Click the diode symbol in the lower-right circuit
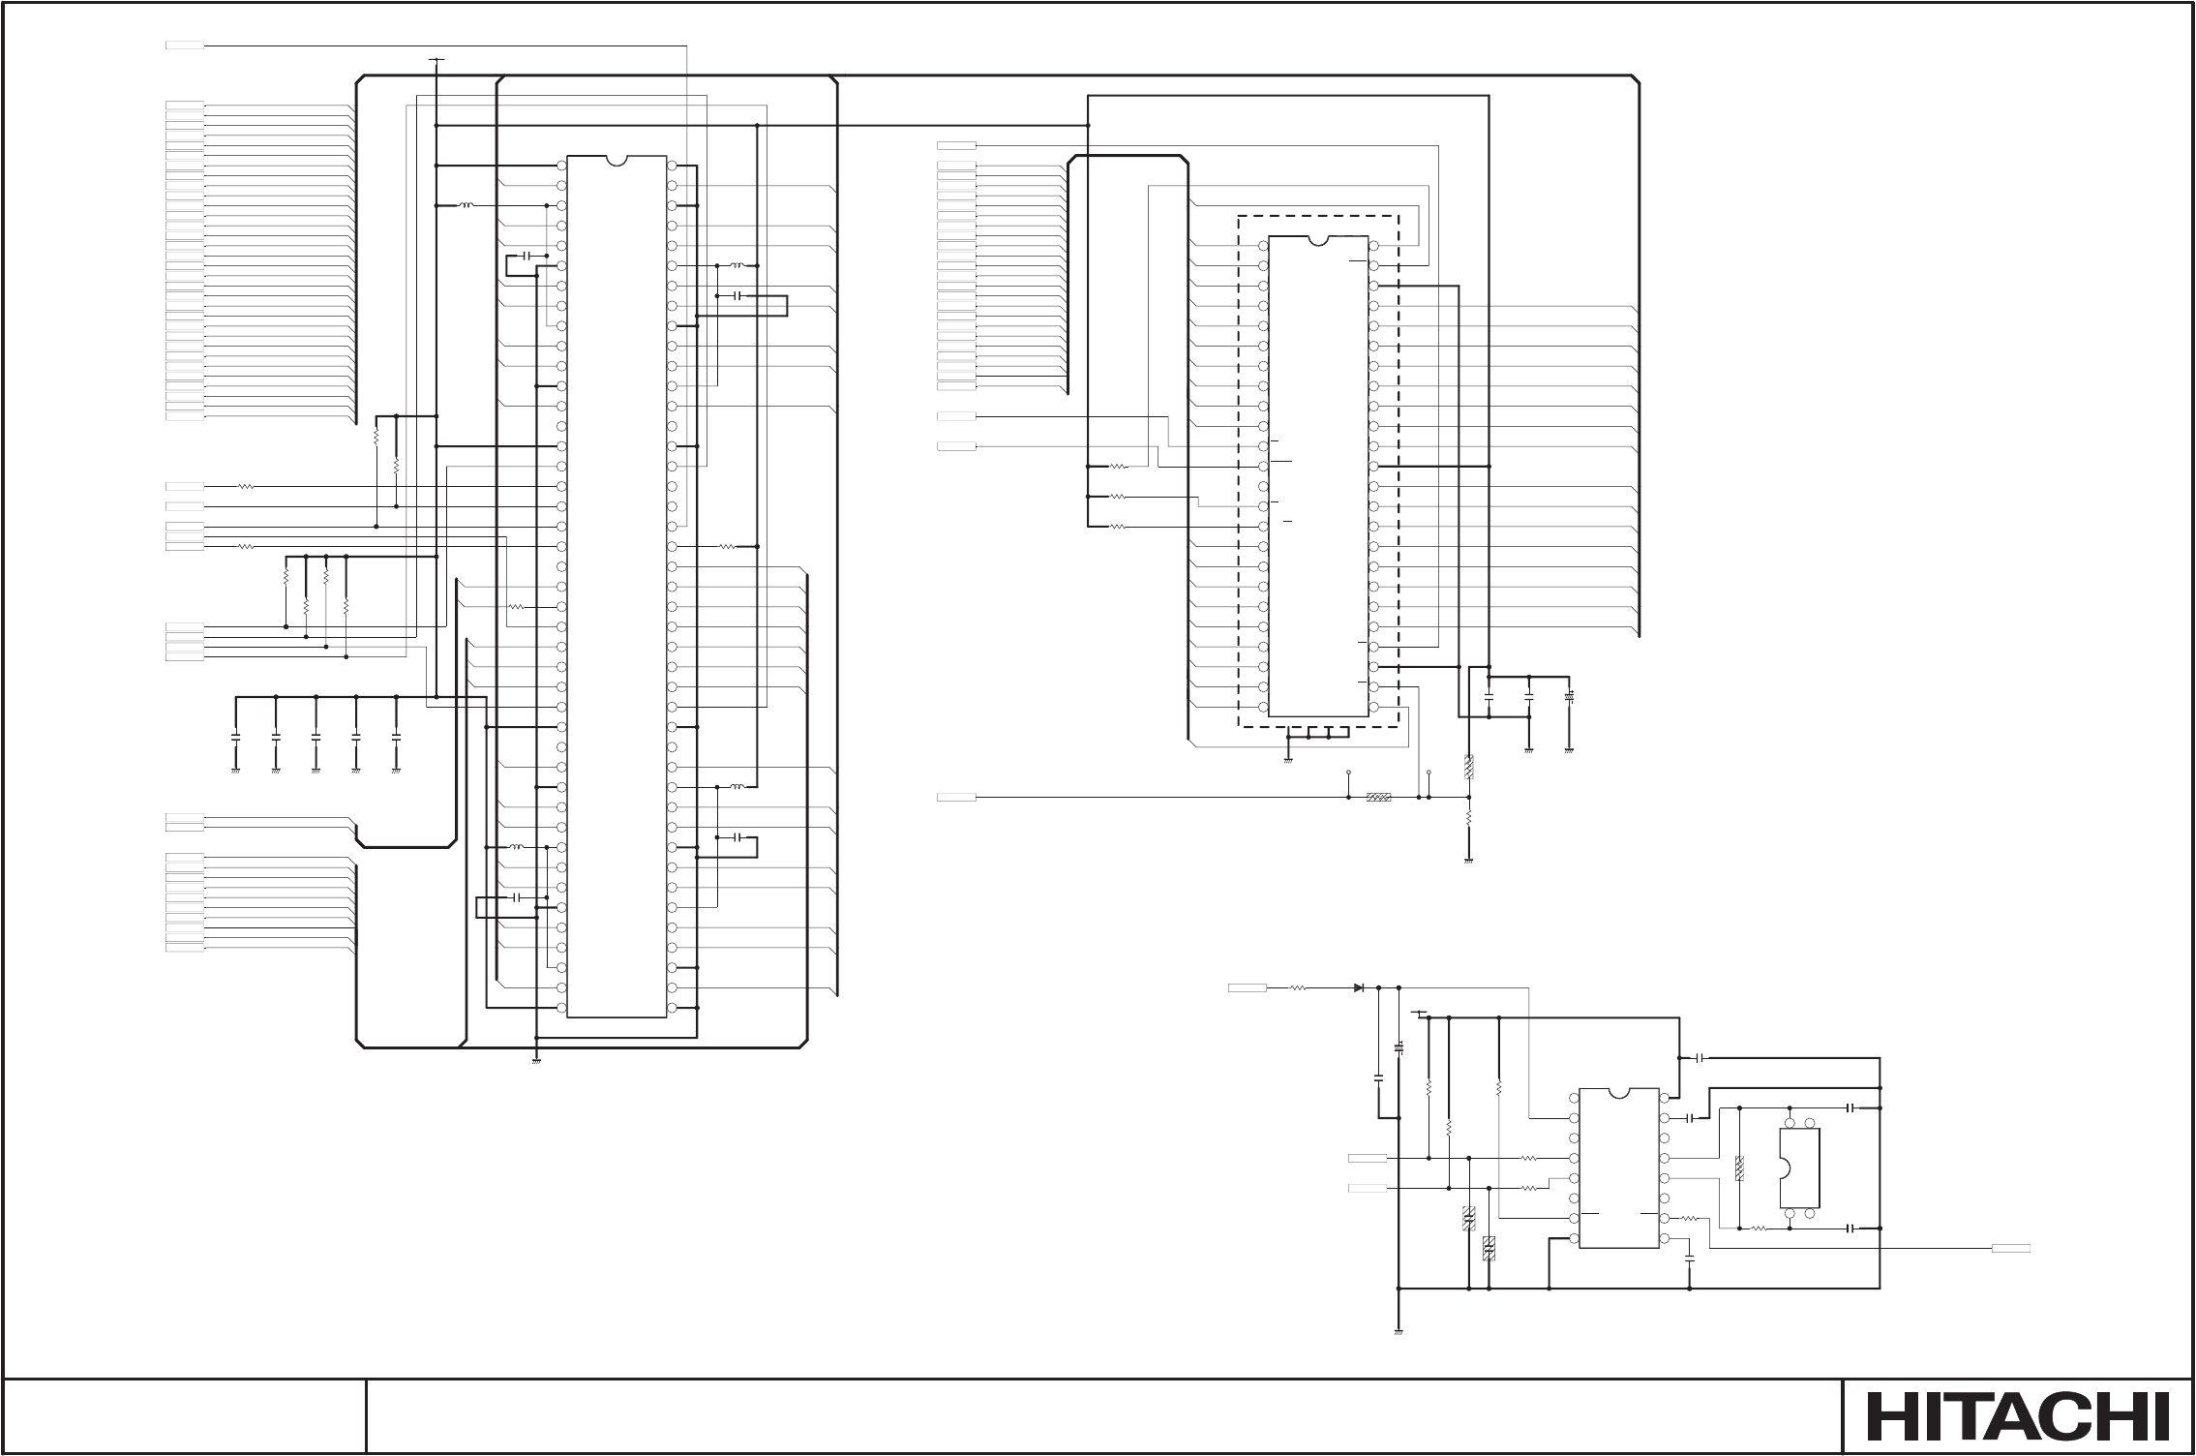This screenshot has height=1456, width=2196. point(1360,987)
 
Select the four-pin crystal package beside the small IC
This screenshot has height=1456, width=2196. point(1799,1168)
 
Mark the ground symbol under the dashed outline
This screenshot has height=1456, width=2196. point(1288,760)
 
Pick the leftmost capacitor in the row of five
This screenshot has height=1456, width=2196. point(235,736)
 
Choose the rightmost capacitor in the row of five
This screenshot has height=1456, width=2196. point(395,736)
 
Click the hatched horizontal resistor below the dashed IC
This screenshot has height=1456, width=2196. point(1378,798)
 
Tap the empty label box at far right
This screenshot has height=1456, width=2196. point(2010,1249)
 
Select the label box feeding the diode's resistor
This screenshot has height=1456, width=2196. point(1247,987)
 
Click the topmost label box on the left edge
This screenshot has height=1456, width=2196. point(184,45)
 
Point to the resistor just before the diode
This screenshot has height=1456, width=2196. point(1299,987)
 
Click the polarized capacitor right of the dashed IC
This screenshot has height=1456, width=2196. point(1569,696)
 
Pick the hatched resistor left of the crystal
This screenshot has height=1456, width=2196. point(1739,1168)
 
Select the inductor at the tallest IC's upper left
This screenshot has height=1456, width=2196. point(466,205)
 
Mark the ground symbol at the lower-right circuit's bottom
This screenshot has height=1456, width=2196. point(1399,1333)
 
